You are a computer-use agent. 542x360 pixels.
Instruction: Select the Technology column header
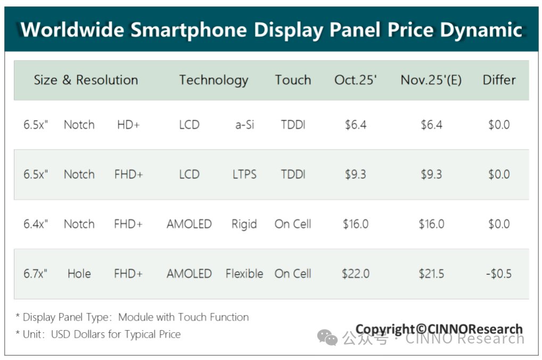[213, 80]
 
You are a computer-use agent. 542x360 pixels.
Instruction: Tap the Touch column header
[293, 80]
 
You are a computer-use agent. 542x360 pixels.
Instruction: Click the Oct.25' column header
[356, 80]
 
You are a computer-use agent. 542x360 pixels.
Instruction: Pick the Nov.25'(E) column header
[431, 80]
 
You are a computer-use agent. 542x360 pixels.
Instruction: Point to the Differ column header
[499, 80]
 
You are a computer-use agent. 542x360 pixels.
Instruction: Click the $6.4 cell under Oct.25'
[355, 125]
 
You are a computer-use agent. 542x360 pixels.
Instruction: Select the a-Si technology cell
[244, 125]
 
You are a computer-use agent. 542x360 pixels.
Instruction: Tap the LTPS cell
[244, 174]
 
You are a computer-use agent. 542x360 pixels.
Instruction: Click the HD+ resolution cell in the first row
[128, 125]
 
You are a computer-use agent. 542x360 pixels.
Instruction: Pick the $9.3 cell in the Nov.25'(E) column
[431, 174]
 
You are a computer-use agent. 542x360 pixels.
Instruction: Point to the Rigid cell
[244, 224]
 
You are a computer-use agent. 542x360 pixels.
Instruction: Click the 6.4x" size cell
[36, 224]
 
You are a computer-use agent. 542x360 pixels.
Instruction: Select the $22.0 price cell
[355, 274]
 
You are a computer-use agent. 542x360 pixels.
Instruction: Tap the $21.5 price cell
[431, 274]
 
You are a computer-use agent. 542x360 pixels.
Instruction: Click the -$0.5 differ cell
[499, 274]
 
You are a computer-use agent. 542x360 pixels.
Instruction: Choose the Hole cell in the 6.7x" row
[79, 274]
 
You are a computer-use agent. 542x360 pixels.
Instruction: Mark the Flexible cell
[244, 274]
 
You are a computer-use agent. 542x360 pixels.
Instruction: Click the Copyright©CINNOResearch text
[439, 329]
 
